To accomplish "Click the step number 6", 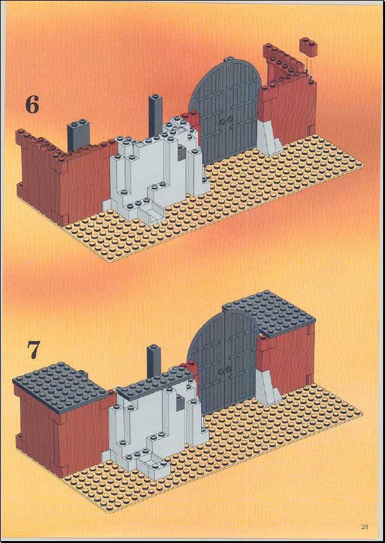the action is (32, 105).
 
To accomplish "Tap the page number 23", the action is (364, 528).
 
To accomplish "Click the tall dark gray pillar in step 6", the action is (156, 116).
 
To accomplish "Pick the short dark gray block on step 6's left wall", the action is (78, 136).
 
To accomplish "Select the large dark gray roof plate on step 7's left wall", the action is (60, 387).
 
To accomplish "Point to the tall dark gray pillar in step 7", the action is (154, 361).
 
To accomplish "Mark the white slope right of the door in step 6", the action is (269, 139).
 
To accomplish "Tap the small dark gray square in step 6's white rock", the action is (181, 154).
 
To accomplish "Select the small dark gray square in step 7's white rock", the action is (181, 402).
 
